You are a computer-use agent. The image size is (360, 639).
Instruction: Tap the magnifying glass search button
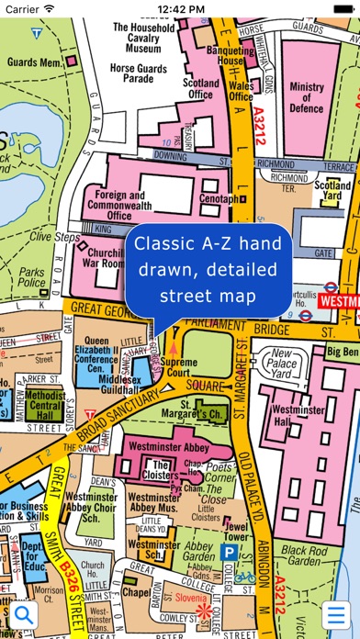click(19, 613)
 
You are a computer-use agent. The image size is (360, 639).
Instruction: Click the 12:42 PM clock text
click(180, 9)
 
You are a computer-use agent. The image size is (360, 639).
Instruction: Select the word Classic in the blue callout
click(157, 246)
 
